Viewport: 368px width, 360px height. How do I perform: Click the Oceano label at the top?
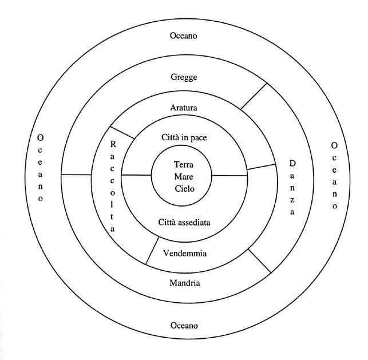coord(184,35)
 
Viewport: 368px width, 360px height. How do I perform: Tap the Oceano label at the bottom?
coord(184,325)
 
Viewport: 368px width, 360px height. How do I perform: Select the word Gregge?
coord(184,77)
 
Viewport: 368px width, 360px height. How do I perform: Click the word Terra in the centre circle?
coord(184,164)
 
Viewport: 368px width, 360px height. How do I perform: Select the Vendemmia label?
coord(184,253)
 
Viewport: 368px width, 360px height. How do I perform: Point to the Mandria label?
coord(184,283)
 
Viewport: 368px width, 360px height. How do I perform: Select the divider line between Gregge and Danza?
coord(254,96)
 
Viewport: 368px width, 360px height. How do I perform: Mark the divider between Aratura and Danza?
coord(261,167)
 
